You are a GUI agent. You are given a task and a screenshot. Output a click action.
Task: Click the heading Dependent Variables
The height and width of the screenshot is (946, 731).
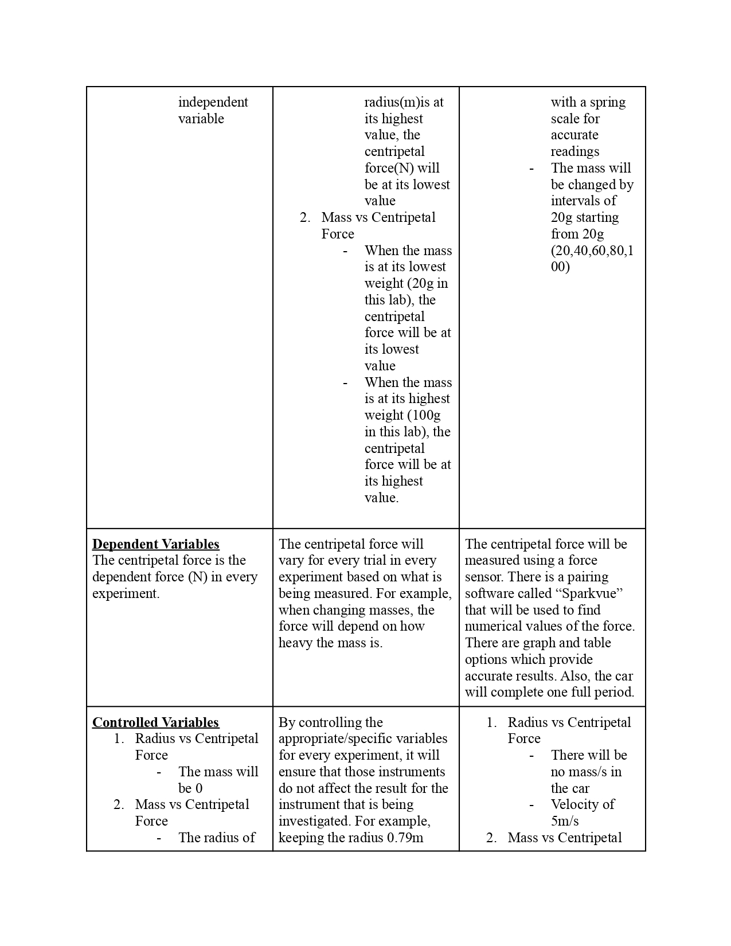pos(155,544)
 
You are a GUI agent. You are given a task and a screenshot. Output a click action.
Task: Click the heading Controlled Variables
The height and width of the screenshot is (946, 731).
pos(155,722)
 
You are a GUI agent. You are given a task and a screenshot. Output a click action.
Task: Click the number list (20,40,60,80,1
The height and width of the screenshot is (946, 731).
pos(592,251)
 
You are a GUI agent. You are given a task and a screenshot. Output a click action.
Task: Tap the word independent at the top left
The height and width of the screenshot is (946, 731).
pos(213,102)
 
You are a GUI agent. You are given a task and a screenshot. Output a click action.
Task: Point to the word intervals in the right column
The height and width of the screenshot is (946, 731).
pos(576,201)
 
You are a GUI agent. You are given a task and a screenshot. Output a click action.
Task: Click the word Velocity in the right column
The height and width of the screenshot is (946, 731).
pos(574,804)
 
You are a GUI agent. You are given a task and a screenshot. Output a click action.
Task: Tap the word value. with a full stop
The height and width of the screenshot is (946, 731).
pos(381,498)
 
